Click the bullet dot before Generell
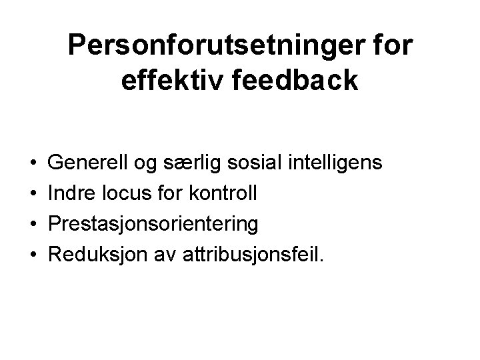33,163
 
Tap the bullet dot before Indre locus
33,193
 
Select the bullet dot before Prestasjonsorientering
33,224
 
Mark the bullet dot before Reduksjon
33,255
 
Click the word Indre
72,193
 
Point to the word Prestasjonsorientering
154,224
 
